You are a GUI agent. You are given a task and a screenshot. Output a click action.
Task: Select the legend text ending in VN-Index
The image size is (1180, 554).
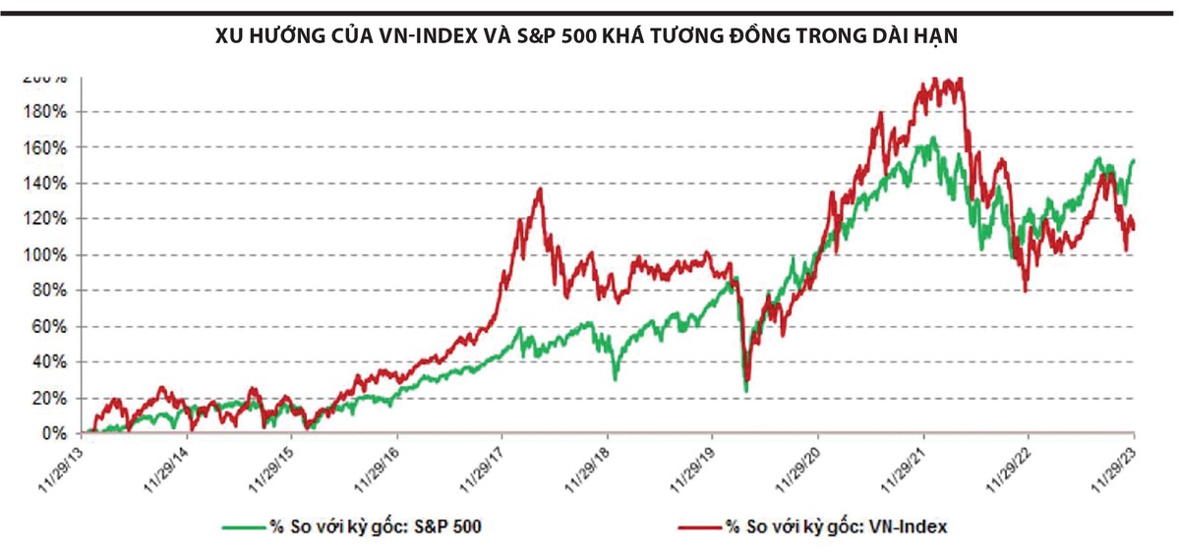[x=836, y=526]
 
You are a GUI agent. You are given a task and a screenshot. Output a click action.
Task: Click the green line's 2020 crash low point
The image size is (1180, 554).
[x=744, y=391]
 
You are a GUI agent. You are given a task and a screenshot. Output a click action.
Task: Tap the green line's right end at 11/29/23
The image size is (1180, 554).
[x=1133, y=160]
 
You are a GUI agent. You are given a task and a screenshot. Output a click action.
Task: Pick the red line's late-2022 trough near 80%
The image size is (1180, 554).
[x=1026, y=291]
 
